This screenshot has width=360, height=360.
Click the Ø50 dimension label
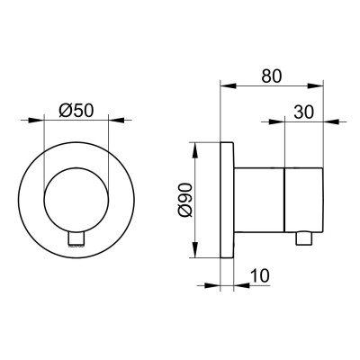click(76, 110)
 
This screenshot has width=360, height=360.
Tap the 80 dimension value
click(272, 76)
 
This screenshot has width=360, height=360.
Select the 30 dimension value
click(303, 112)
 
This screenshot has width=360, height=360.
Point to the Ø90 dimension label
click(184, 200)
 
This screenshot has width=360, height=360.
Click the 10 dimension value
click(259, 275)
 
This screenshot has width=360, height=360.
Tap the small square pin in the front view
click(76, 238)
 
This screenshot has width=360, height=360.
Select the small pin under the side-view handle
click(304, 238)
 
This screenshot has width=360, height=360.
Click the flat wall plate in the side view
click(227, 200)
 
